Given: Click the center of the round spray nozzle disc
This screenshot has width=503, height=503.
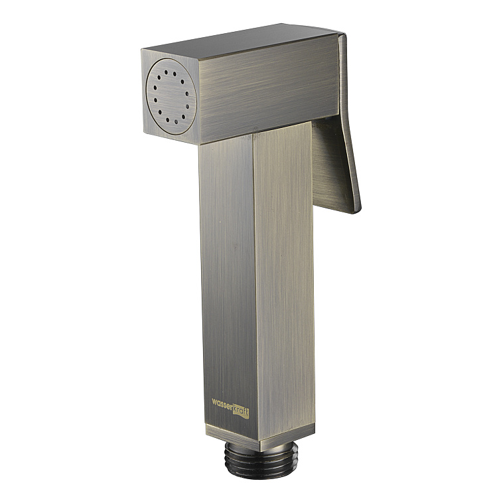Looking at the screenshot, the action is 171,97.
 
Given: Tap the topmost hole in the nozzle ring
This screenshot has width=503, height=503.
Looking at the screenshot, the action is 166,72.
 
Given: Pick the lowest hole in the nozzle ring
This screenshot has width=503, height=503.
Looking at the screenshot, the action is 176,121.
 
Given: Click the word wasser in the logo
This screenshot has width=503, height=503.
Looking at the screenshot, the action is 222,403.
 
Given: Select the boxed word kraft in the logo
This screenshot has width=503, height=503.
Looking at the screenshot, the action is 241,411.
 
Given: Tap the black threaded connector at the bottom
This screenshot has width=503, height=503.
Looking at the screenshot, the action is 261,459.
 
